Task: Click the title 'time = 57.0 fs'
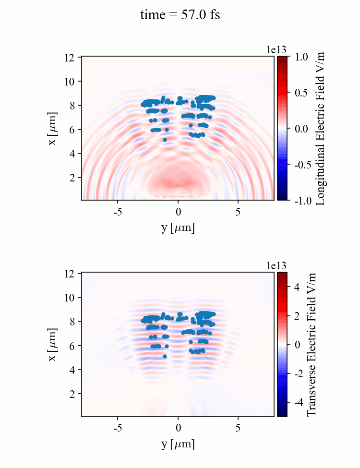coord(180,15)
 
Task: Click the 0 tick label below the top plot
coord(178,212)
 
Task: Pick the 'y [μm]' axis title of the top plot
coord(178,228)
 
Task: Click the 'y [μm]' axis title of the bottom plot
coord(178,444)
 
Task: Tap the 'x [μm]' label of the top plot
coord(54,128)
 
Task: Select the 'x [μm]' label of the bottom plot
coord(54,344)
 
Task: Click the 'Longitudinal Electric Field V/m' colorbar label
coord(321,128)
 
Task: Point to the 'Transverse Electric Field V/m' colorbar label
coord(311,344)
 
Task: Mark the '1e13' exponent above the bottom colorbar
coord(276,265)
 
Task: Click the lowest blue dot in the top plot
coord(165,140)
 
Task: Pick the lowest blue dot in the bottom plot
coord(165,356)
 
